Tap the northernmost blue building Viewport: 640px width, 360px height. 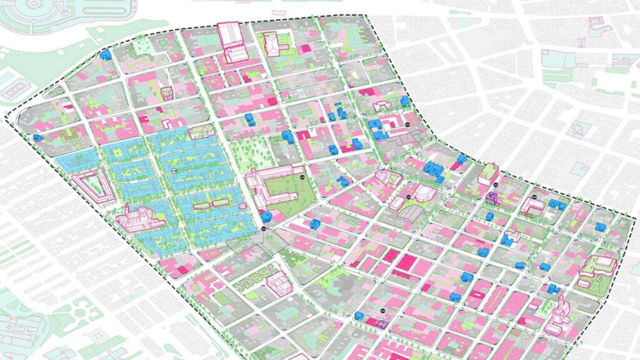tap(106, 54)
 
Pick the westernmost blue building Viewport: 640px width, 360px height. tap(37, 138)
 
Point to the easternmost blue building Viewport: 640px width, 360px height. tap(601, 227)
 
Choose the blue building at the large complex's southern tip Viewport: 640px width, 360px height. tap(267, 216)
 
